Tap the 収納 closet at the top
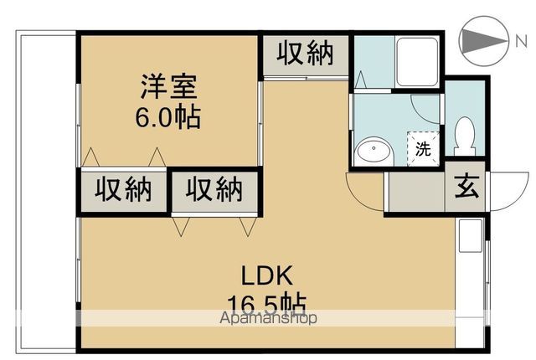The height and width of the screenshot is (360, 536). pyautogui.click(x=306, y=54)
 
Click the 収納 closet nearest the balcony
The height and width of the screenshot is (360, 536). pyautogui.click(x=122, y=190)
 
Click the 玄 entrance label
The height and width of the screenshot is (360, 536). pyautogui.click(x=466, y=186)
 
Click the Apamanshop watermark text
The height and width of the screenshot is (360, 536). pyautogui.click(x=268, y=318)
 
